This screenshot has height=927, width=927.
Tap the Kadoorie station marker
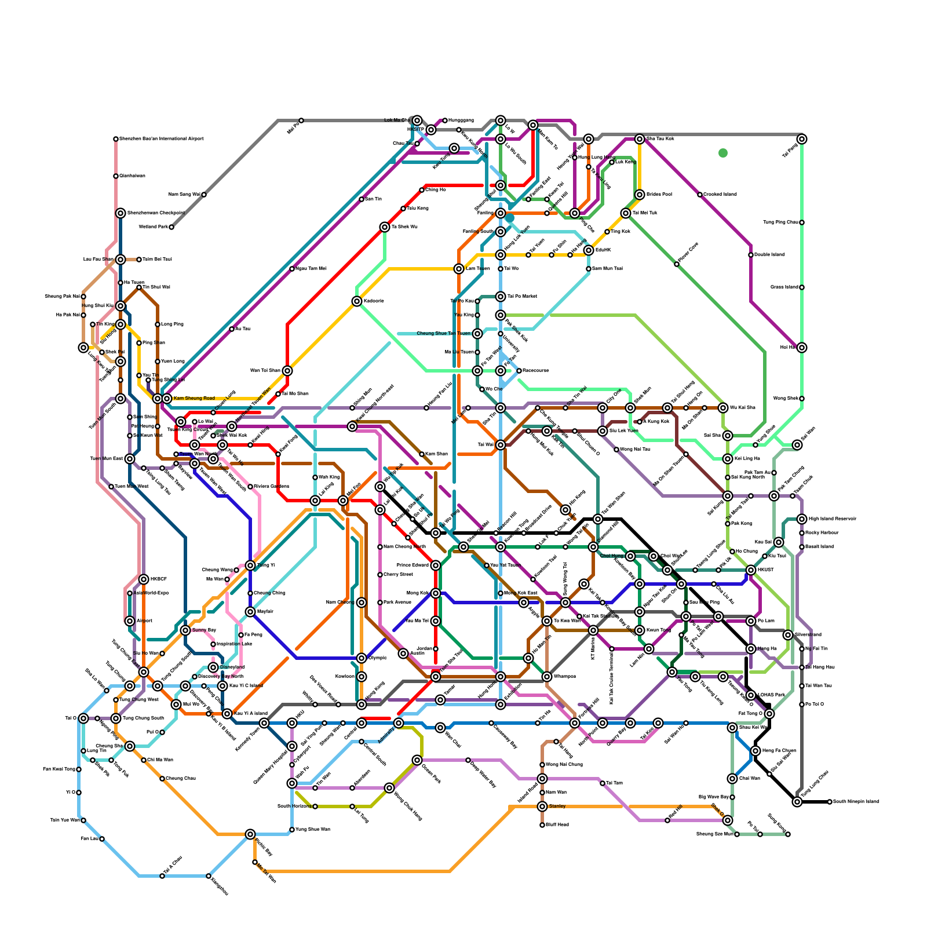click(357, 301)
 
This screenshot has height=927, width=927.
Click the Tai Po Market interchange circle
click(501, 297)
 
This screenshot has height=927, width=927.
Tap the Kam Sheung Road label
click(194, 399)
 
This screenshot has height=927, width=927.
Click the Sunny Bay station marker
click(185, 630)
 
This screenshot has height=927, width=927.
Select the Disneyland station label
click(232, 667)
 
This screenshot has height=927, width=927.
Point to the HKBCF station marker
click(144, 579)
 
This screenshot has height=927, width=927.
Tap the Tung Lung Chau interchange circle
click(797, 802)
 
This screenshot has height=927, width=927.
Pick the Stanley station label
click(557, 806)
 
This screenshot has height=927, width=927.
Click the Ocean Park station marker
click(417, 760)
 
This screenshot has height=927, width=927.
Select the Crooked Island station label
click(720, 195)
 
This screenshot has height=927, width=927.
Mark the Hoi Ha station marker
click(802, 348)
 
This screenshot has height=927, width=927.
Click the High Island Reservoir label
click(832, 519)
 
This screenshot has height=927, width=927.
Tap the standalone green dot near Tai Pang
click(723, 153)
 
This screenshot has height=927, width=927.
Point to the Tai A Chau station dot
click(162, 876)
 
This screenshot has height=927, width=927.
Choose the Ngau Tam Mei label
click(311, 269)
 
